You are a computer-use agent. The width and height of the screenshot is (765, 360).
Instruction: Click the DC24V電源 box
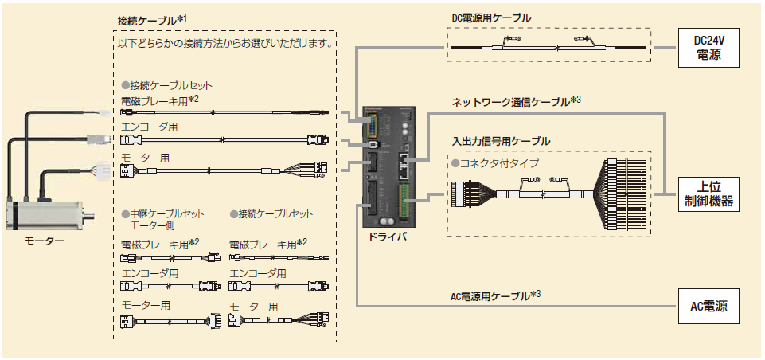[x=709, y=49]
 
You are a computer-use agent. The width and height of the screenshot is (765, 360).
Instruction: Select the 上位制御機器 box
[x=708, y=194]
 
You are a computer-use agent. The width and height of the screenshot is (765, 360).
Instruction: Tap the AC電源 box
[x=708, y=305]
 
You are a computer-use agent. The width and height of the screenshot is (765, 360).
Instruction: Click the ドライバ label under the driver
[x=388, y=237]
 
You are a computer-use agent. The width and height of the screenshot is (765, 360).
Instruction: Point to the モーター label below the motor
[x=45, y=240]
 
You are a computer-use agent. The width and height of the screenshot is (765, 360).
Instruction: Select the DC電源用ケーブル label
[x=491, y=18]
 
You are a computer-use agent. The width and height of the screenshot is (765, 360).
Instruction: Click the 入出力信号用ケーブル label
[x=501, y=141]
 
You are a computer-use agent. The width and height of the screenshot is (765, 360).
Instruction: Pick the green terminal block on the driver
[x=407, y=200]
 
